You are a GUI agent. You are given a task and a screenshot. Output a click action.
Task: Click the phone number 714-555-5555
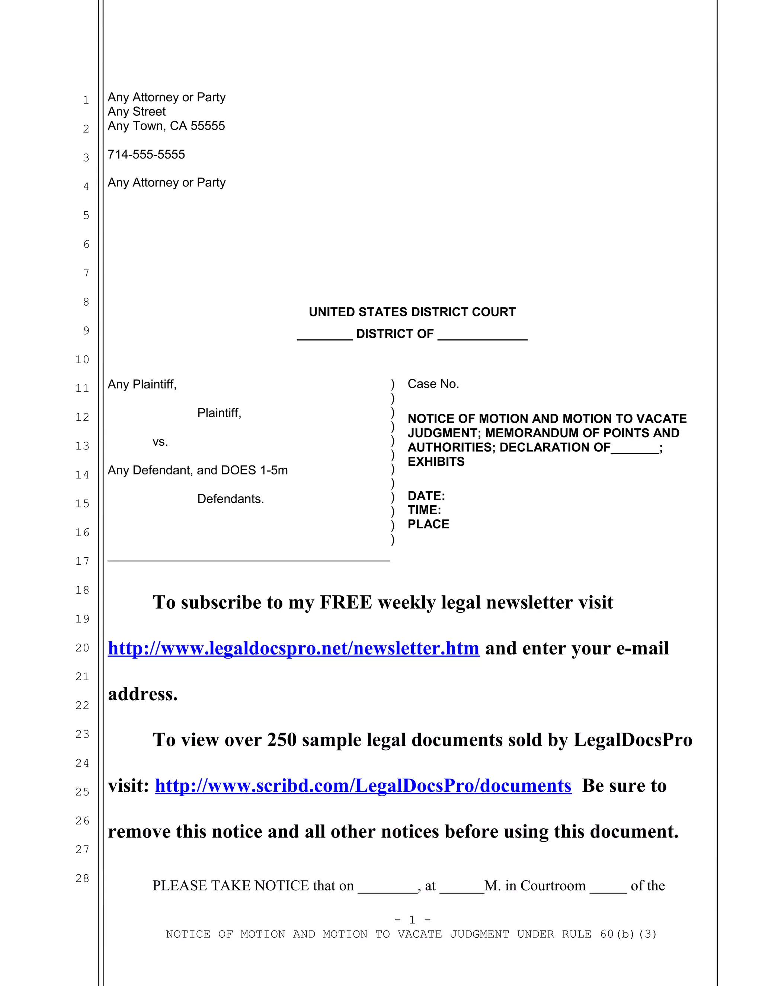(x=146, y=154)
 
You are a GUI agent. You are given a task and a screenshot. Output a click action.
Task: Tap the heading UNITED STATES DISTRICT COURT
(x=412, y=312)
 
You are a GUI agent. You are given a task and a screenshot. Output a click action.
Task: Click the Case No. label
(x=433, y=384)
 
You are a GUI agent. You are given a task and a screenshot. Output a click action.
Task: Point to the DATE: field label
(x=426, y=496)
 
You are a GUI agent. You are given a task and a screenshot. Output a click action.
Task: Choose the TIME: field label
(x=424, y=510)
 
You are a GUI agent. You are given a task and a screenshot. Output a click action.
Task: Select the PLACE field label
(x=428, y=524)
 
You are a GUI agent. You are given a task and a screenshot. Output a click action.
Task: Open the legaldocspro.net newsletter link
(x=294, y=648)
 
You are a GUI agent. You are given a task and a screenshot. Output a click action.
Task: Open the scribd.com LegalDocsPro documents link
(x=363, y=786)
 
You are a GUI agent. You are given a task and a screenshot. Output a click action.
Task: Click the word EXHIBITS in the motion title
(x=436, y=461)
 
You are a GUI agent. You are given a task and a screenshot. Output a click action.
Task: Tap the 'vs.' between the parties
(x=160, y=442)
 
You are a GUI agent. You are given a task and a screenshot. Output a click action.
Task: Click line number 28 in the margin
(x=82, y=878)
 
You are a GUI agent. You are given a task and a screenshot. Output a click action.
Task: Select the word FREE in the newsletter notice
(x=346, y=602)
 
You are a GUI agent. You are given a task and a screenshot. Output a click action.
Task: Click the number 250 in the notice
(x=282, y=740)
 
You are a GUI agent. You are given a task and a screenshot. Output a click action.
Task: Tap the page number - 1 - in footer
(x=412, y=920)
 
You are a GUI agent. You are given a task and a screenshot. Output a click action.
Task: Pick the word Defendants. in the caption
(x=230, y=499)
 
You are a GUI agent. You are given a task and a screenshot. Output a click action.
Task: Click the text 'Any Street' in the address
(x=136, y=112)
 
